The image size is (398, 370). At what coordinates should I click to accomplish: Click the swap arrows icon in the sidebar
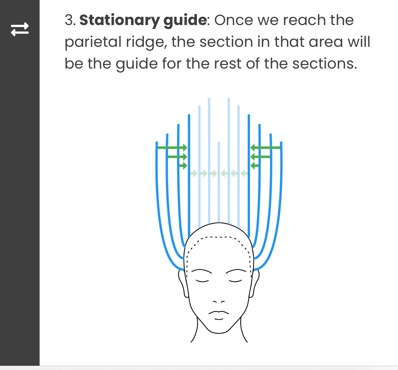coord(20,29)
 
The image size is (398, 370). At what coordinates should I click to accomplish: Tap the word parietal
coord(93,43)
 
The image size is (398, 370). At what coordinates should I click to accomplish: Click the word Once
coord(234,20)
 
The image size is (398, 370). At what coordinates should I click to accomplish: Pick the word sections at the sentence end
coord(325,64)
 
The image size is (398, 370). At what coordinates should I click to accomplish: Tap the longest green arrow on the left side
coord(172,148)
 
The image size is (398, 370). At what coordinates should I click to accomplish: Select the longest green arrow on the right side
coord(265,148)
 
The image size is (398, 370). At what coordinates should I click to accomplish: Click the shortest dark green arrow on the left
coord(183,166)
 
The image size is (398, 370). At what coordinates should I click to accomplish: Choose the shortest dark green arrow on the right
coord(254,166)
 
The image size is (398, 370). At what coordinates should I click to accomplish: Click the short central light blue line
coord(219,182)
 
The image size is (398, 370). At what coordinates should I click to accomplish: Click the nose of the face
coord(219,301)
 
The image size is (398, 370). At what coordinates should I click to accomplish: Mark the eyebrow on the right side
coord(236,271)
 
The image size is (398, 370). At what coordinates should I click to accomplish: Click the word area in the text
coord(326,42)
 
